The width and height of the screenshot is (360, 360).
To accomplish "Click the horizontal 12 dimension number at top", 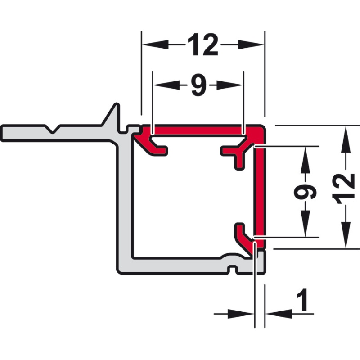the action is pyautogui.click(x=203, y=45).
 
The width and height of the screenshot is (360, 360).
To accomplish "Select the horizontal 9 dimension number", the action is pyautogui.click(x=199, y=85).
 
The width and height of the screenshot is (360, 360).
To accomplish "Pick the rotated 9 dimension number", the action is pyautogui.click(x=305, y=191).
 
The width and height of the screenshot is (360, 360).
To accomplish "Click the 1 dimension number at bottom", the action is pyautogui.click(x=302, y=300).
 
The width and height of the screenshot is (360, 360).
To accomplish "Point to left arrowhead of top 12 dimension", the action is pyautogui.click(x=155, y=45).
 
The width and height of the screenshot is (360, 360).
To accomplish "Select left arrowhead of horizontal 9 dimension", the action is pyautogui.click(x=166, y=85).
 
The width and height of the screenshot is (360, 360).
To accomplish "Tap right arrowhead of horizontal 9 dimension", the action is pyautogui.click(x=229, y=85).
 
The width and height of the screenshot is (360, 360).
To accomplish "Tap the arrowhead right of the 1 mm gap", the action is pyautogui.click(x=279, y=314).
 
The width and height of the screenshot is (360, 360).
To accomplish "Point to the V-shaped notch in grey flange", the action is pyautogui.click(x=53, y=129).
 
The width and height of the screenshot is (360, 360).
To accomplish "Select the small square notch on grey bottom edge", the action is pyautogui.click(x=233, y=270).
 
